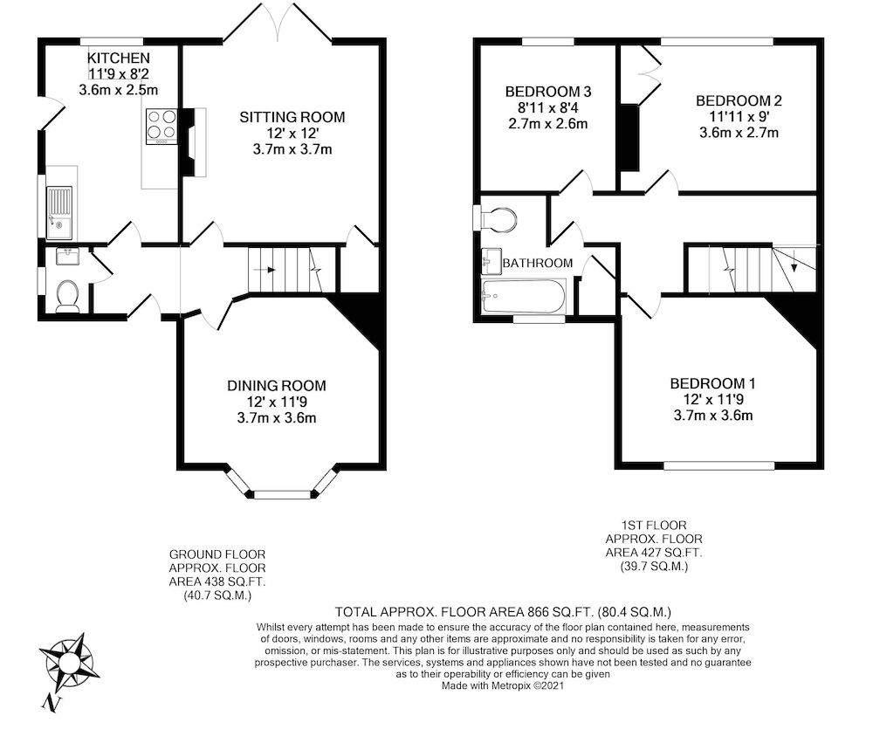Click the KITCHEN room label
pyautogui.click(x=112, y=58)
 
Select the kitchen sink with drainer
pyautogui.click(x=60, y=213)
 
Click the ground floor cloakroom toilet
pyautogui.click(x=67, y=296)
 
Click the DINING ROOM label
pyautogui.click(x=277, y=385)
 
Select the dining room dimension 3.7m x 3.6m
pyautogui.click(x=277, y=417)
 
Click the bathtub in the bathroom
pyautogui.click(x=525, y=296)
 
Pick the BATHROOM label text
pyautogui.click(x=538, y=263)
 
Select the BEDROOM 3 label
pyautogui.click(x=548, y=92)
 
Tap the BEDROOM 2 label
pyautogui.click(x=739, y=100)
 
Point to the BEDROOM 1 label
pyautogui.click(x=712, y=383)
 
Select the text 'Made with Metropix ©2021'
pyautogui.click(x=504, y=686)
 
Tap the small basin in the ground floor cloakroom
pyautogui.click(x=66, y=257)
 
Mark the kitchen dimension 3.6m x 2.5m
pyautogui.click(x=118, y=90)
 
